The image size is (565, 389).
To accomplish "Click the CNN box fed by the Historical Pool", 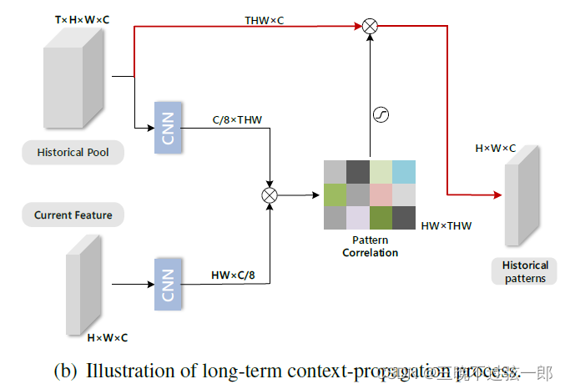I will (x=168, y=127).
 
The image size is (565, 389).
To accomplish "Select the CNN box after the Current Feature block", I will (x=168, y=285).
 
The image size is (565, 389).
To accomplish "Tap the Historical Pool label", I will (x=73, y=153).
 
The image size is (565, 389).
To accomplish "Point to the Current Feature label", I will (x=73, y=215).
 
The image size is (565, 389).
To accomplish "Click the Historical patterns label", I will (x=525, y=272).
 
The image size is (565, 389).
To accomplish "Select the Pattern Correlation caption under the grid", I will (x=370, y=246).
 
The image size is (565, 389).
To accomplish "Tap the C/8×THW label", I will (x=237, y=120).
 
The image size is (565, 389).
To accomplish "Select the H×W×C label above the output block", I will (x=496, y=149).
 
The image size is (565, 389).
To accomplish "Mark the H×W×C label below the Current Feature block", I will (x=108, y=338).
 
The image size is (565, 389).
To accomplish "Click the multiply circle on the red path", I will (x=371, y=27).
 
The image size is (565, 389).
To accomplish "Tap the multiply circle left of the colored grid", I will (x=270, y=194).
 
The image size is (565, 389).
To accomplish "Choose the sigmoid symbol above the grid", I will (x=381, y=115).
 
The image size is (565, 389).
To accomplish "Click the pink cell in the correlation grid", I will (x=381, y=194).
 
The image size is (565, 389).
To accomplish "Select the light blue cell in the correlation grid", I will (x=404, y=171).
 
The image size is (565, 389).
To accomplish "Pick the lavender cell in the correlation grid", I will (x=358, y=218).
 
